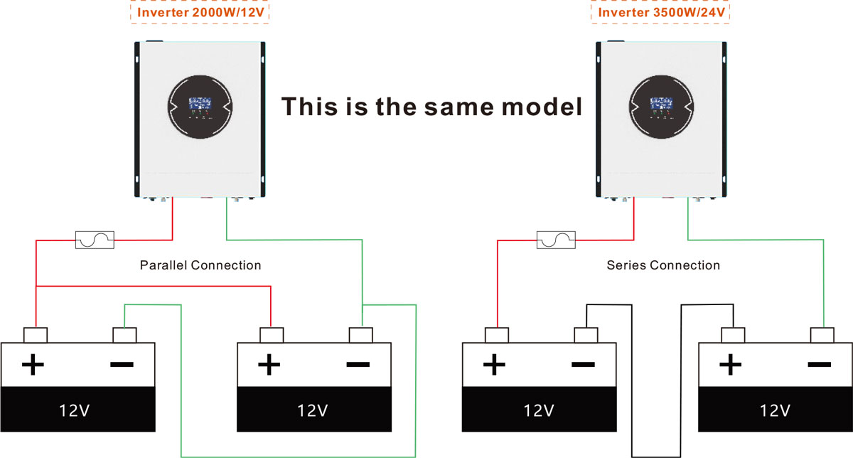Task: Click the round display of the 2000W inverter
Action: [200, 106]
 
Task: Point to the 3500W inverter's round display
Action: [660, 106]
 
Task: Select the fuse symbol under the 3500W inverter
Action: [557, 240]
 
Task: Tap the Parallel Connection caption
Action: [200, 265]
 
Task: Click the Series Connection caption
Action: [663, 265]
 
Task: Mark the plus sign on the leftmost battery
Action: [33, 366]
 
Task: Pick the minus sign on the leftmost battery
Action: [122, 366]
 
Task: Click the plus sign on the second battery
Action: [268, 366]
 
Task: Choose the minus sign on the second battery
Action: [357, 366]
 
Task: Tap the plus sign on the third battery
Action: [494, 366]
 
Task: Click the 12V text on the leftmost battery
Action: [77, 410]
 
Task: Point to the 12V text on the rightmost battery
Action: [775, 410]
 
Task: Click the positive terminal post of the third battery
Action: [497, 335]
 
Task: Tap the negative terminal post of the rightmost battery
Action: [822, 335]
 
